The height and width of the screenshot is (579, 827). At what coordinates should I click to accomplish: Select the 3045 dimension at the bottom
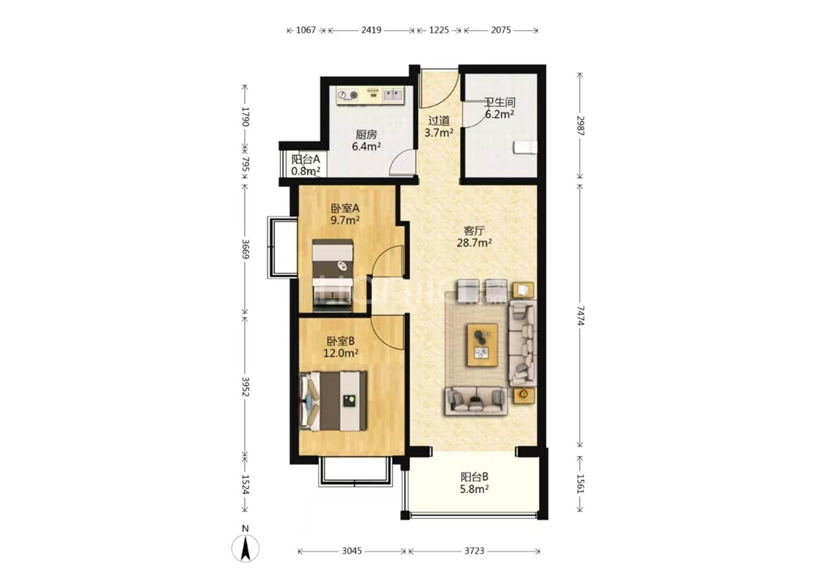pos(351,551)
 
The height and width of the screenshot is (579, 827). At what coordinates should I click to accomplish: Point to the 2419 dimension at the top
pos(371,30)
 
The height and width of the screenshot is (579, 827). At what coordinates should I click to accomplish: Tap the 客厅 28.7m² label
pos(474,236)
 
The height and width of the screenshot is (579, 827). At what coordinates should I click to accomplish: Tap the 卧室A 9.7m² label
pos(345,214)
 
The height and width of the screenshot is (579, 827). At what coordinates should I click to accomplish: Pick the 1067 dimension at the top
pos(306,30)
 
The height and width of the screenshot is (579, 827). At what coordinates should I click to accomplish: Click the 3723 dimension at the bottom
pos(474,551)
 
